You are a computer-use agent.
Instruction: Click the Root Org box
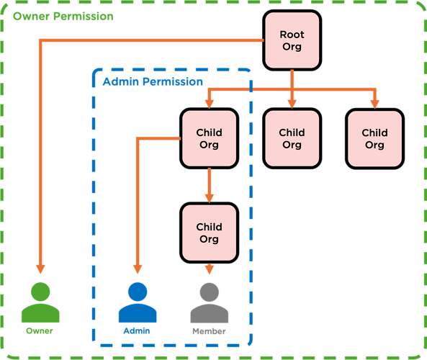click(x=292, y=40)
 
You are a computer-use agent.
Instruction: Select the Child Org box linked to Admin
click(x=209, y=138)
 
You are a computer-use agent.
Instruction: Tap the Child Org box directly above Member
click(x=209, y=233)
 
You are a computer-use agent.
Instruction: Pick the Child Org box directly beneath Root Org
click(x=292, y=138)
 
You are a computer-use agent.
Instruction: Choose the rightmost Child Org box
click(x=374, y=138)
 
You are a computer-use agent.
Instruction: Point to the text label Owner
click(x=40, y=331)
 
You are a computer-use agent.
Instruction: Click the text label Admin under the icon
click(x=137, y=331)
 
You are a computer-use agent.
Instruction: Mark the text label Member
click(x=210, y=331)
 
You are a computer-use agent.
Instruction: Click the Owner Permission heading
click(x=63, y=16)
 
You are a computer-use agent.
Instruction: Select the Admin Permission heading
click(x=153, y=82)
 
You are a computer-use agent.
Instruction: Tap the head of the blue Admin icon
click(x=137, y=292)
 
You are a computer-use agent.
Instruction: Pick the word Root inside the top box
click(x=292, y=34)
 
